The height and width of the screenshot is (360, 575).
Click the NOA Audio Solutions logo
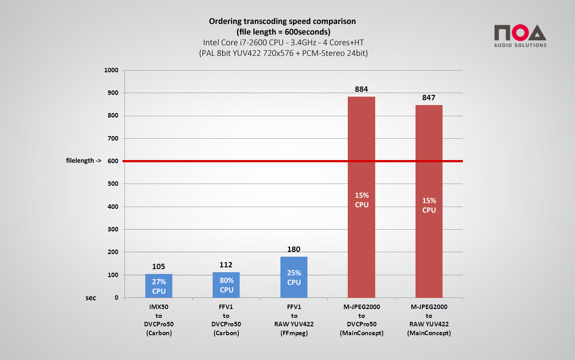[520, 36]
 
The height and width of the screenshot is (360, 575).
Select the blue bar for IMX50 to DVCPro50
[159, 286]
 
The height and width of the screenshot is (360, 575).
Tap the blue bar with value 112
[226, 285]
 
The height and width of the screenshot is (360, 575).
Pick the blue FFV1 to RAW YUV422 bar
[294, 277]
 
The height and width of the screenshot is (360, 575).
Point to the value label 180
[294, 250]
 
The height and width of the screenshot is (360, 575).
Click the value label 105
[159, 266]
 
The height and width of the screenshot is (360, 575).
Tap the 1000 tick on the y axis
[111, 70]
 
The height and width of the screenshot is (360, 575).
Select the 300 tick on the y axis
[113, 229]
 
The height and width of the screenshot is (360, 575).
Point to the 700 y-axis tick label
[113, 138]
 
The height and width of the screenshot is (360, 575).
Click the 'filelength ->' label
[80, 161]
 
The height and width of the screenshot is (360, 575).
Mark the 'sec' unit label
[90, 297]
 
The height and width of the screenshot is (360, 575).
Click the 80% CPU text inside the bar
[226, 286]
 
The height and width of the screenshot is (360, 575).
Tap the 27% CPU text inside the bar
[159, 286]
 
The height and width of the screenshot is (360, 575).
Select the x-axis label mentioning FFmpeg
[294, 320]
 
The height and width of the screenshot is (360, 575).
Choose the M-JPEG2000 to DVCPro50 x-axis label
[361, 320]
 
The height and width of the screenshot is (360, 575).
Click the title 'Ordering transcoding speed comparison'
[282, 21]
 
